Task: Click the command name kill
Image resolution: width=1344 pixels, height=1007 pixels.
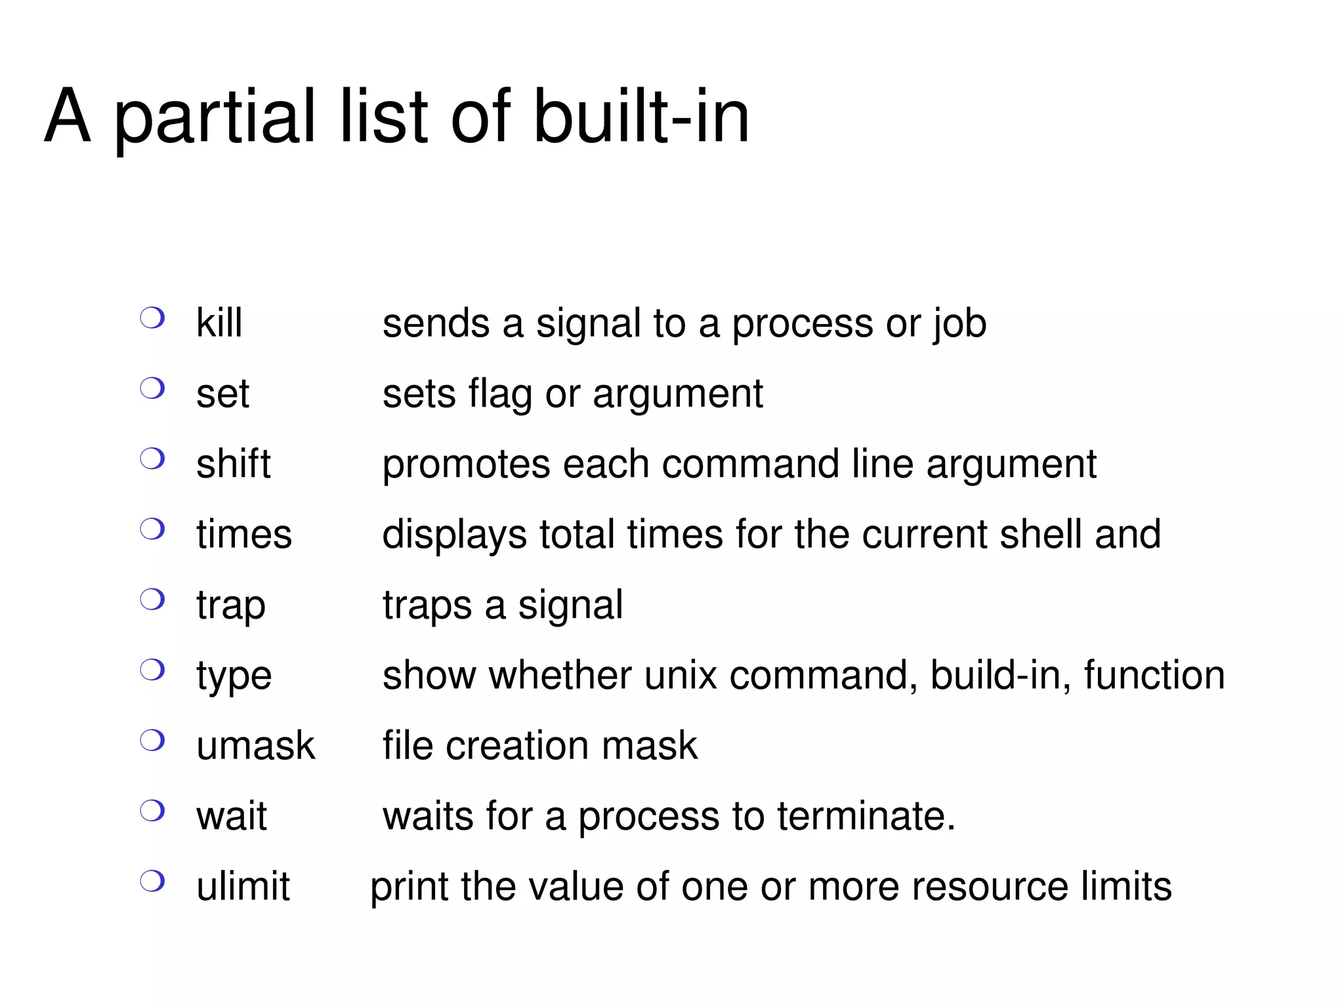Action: click(219, 323)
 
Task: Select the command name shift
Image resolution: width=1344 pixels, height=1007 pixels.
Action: click(233, 464)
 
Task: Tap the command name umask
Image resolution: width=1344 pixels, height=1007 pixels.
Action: click(255, 746)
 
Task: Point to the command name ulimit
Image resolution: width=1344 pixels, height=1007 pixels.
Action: click(243, 886)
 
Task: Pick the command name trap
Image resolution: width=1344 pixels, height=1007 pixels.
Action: click(230, 606)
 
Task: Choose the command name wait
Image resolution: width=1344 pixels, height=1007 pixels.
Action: click(231, 816)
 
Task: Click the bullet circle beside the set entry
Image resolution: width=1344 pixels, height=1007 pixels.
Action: click(152, 388)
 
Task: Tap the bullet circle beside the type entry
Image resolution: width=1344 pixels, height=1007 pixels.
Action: click(152, 670)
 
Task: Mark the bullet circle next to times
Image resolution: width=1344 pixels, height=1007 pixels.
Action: click(152, 529)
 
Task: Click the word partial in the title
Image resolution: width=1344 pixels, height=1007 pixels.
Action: click(216, 118)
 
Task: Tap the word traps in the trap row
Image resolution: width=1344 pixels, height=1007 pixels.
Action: click(427, 606)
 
